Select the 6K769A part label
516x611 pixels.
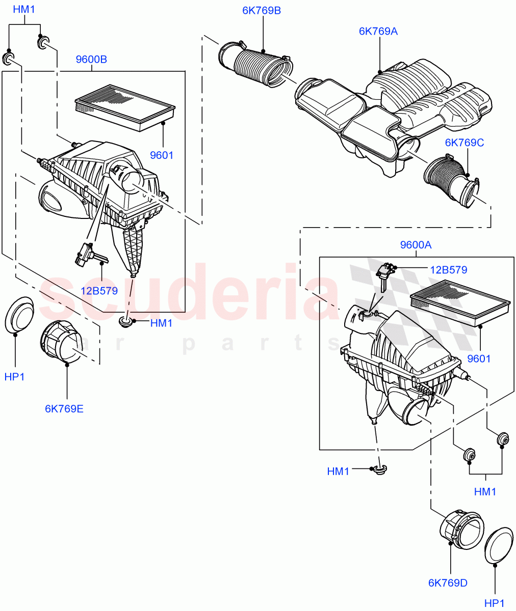378,31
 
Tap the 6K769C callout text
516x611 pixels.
464,143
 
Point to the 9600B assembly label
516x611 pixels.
91,60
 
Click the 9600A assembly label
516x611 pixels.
416,245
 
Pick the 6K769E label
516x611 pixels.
64,408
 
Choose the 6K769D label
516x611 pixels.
448,582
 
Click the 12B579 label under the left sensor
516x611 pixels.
99,291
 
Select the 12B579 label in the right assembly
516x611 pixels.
448,270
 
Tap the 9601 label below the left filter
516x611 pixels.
162,155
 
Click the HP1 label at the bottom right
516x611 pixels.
494,603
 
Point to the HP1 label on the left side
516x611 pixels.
14,377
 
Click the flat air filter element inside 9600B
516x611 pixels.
125,105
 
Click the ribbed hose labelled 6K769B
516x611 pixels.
257,66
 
